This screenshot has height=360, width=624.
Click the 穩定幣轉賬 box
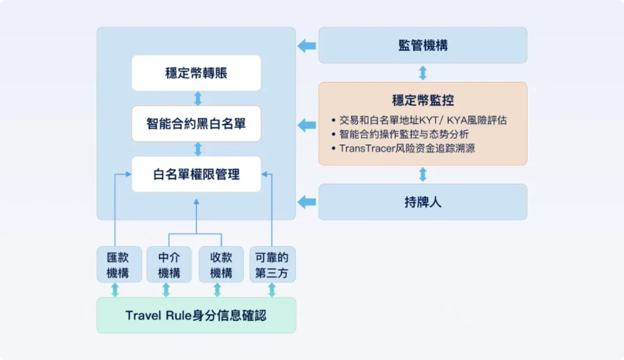(x=196, y=73)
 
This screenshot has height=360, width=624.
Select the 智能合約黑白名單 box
(x=196, y=123)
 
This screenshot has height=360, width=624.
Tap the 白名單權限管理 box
(x=196, y=174)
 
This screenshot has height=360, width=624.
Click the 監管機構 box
(x=423, y=45)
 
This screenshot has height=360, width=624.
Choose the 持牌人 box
(x=423, y=202)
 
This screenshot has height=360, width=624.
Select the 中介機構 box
(x=168, y=265)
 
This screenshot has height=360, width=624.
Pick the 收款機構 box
(x=221, y=265)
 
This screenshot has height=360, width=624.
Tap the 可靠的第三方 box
(x=272, y=265)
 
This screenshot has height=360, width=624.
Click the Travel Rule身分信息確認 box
(x=196, y=315)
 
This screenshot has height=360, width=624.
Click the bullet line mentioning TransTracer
(x=406, y=148)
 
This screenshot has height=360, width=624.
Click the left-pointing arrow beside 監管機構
(x=307, y=46)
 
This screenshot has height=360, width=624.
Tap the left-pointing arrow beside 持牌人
(x=307, y=202)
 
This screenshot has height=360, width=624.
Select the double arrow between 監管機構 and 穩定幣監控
(x=423, y=73)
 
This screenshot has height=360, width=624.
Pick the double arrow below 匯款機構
(x=115, y=290)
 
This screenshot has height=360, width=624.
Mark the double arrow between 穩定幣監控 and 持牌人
(x=423, y=174)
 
